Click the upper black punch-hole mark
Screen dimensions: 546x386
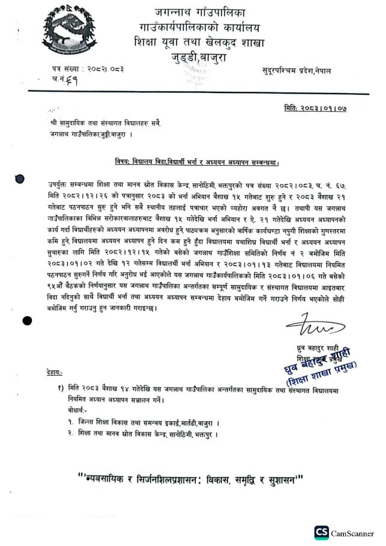coord(19,179)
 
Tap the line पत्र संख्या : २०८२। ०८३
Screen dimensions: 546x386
coord(88,70)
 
